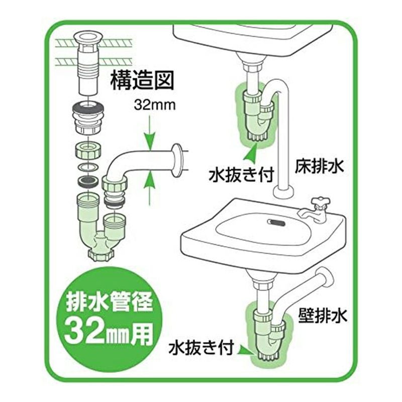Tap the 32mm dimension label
[155, 105]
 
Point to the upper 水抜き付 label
[241, 175]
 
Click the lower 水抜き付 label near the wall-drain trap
[201, 347]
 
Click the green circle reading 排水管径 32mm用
[110, 318]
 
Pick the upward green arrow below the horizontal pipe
[149, 188]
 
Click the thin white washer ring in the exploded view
[88, 167]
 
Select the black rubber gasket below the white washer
[88, 181]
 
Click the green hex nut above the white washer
[88, 150]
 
